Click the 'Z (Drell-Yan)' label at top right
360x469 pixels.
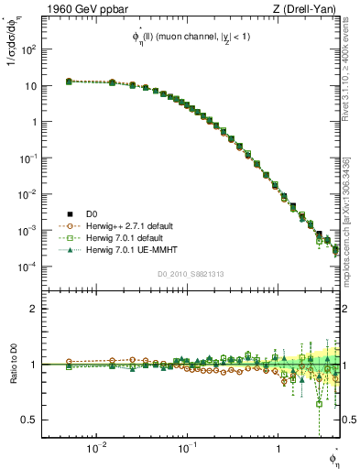pos(309,10)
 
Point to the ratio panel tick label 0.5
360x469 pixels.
pos(31,420)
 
